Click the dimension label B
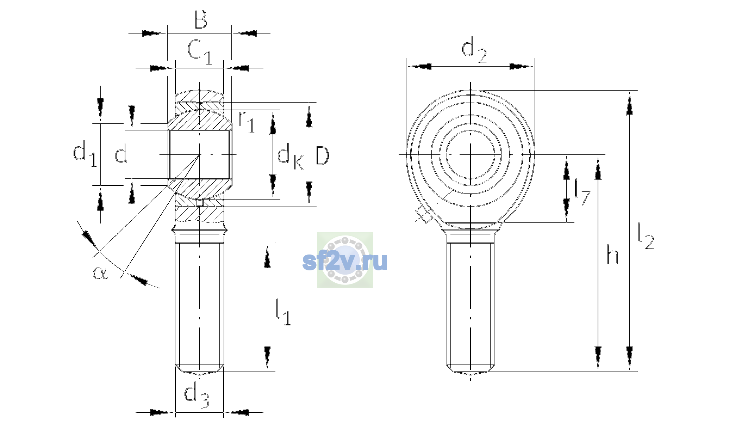(200, 20)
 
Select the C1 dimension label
(200, 52)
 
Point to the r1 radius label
(247, 122)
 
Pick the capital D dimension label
(322, 155)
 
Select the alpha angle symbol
(100, 273)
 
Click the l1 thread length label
(283, 312)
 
